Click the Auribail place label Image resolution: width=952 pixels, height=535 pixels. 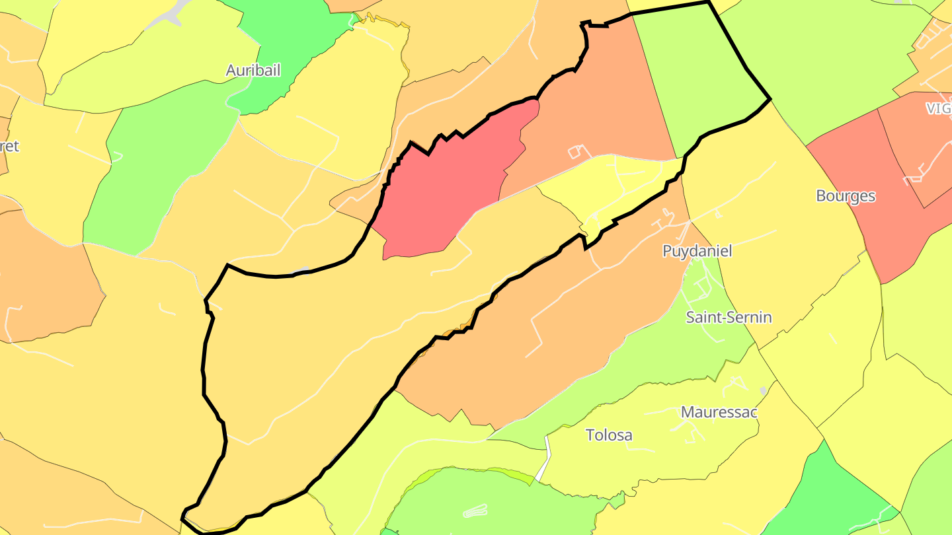[253, 71]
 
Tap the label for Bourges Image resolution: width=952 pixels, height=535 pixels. [846, 196]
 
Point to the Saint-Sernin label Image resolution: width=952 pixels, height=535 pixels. [729, 317]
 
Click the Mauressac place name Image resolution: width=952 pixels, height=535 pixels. [719, 412]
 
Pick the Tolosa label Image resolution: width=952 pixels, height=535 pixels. [609, 435]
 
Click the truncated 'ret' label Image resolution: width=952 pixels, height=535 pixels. [9, 146]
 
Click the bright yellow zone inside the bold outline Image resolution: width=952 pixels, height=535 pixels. [621, 185]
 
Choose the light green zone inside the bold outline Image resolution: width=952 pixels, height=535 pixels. [701, 73]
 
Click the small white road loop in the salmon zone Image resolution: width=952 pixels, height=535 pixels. [578, 151]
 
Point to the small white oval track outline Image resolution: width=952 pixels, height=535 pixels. [476, 511]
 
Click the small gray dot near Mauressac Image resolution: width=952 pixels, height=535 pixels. [763, 391]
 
